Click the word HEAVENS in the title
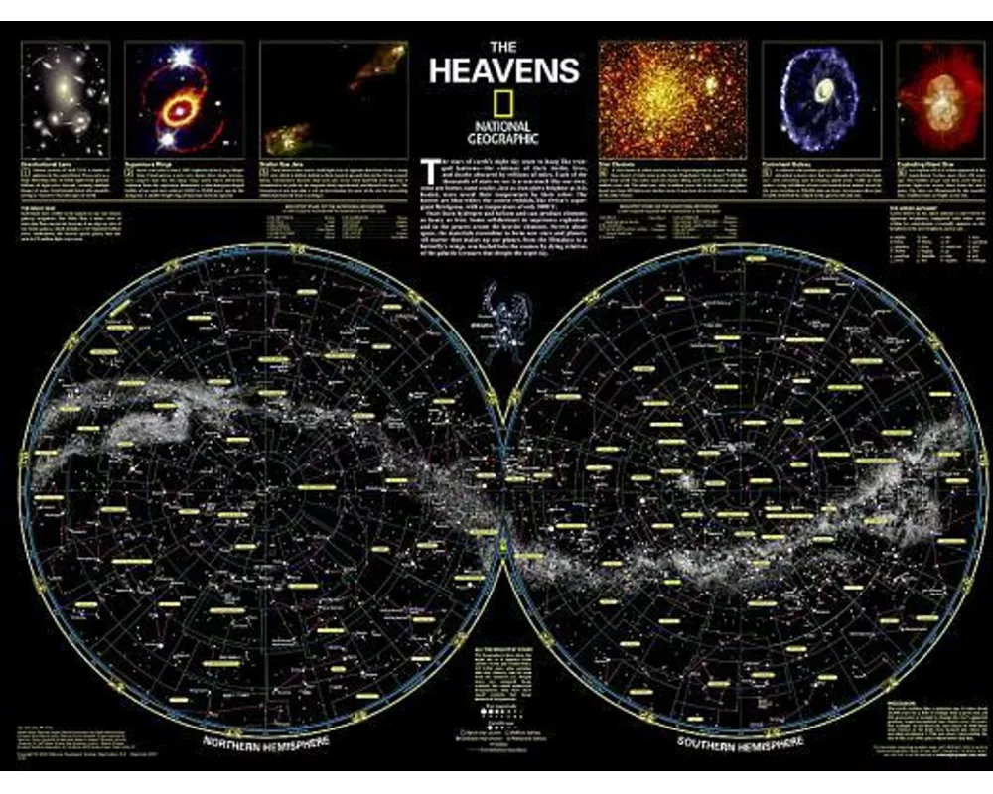click(x=503, y=70)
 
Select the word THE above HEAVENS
click(x=502, y=47)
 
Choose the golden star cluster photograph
click(x=672, y=97)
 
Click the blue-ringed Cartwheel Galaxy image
click(x=819, y=96)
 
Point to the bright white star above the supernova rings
click(x=181, y=59)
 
